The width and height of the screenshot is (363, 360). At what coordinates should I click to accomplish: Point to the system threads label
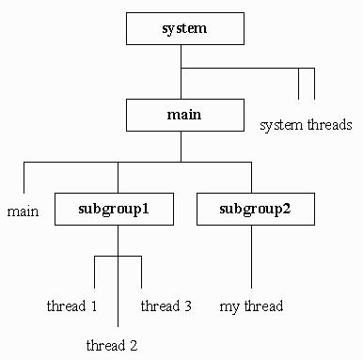click(x=306, y=124)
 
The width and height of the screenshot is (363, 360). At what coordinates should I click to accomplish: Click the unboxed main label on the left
click(x=23, y=211)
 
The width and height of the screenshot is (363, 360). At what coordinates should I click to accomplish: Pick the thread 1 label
click(x=72, y=306)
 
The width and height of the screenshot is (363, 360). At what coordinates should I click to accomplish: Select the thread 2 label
click(x=112, y=345)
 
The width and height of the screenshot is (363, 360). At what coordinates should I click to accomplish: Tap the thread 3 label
click(x=166, y=306)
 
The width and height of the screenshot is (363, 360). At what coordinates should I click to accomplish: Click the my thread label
click(x=251, y=306)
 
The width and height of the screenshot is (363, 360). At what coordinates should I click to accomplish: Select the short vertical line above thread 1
click(x=95, y=273)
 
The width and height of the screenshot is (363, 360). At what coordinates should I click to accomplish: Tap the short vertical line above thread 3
click(x=141, y=273)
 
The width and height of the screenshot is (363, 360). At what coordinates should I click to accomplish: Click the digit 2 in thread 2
click(x=134, y=345)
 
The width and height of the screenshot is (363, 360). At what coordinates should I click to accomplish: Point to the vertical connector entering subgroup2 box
click(x=251, y=177)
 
